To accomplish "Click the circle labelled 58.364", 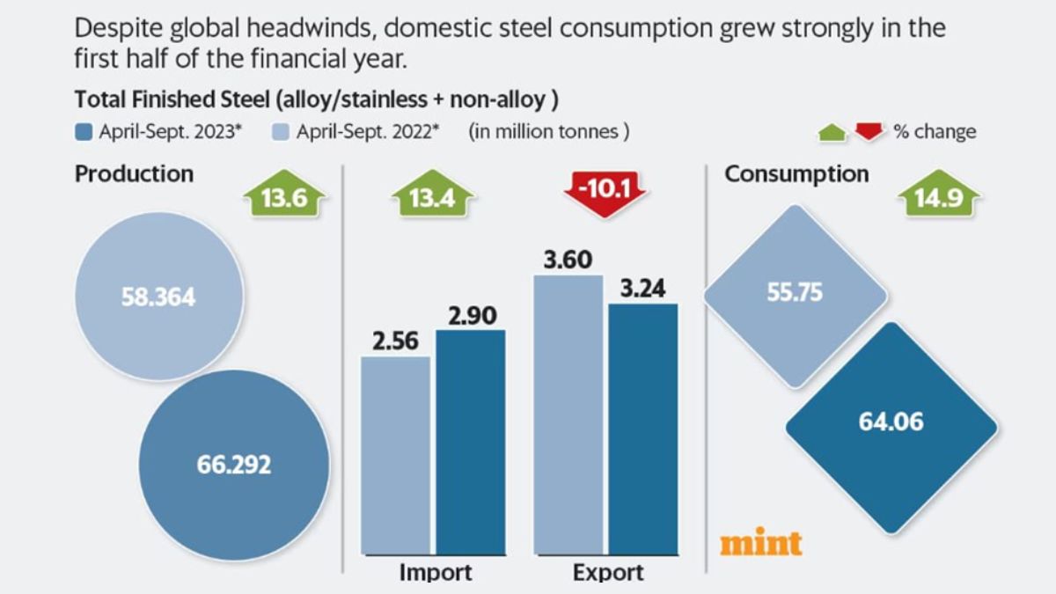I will [158, 297].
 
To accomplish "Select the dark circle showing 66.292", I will [234, 463].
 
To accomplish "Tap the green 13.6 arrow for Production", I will [284, 198].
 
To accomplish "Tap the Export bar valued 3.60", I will [568, 419].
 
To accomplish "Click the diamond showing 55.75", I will [795, 296].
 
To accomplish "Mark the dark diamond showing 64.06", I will [891, 428].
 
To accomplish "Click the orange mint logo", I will [760, 542].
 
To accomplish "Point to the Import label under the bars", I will [436, 573].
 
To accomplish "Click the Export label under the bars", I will [608, 573].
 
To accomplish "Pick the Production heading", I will [134, 174].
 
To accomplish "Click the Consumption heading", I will [796, 174].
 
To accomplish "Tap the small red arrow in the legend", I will [869, 132].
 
